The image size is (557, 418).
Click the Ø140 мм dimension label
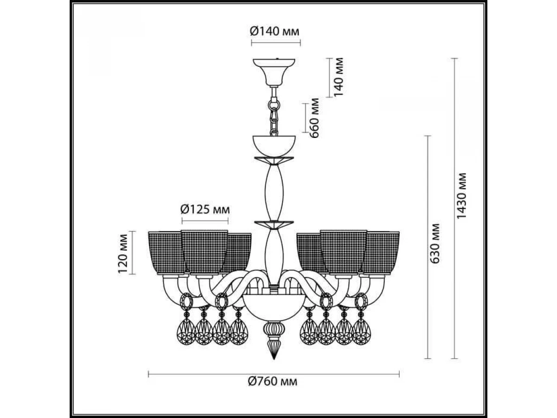tap(275, 32)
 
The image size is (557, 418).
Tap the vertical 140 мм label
tap(338, 77)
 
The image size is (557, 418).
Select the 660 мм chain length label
tap(314, 118)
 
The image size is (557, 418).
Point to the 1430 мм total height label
tap(461, 196)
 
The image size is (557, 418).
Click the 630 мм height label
tap(435, 243)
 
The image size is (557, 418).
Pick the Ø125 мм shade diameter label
tap(205, 209)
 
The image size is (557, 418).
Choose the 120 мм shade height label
tap(123, 254)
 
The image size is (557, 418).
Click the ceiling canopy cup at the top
tap(274, 72)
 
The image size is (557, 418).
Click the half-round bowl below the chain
tap(274, 146)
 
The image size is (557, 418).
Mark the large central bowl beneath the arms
tap(274, 307)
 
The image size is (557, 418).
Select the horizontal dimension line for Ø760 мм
tap(274, 373)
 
